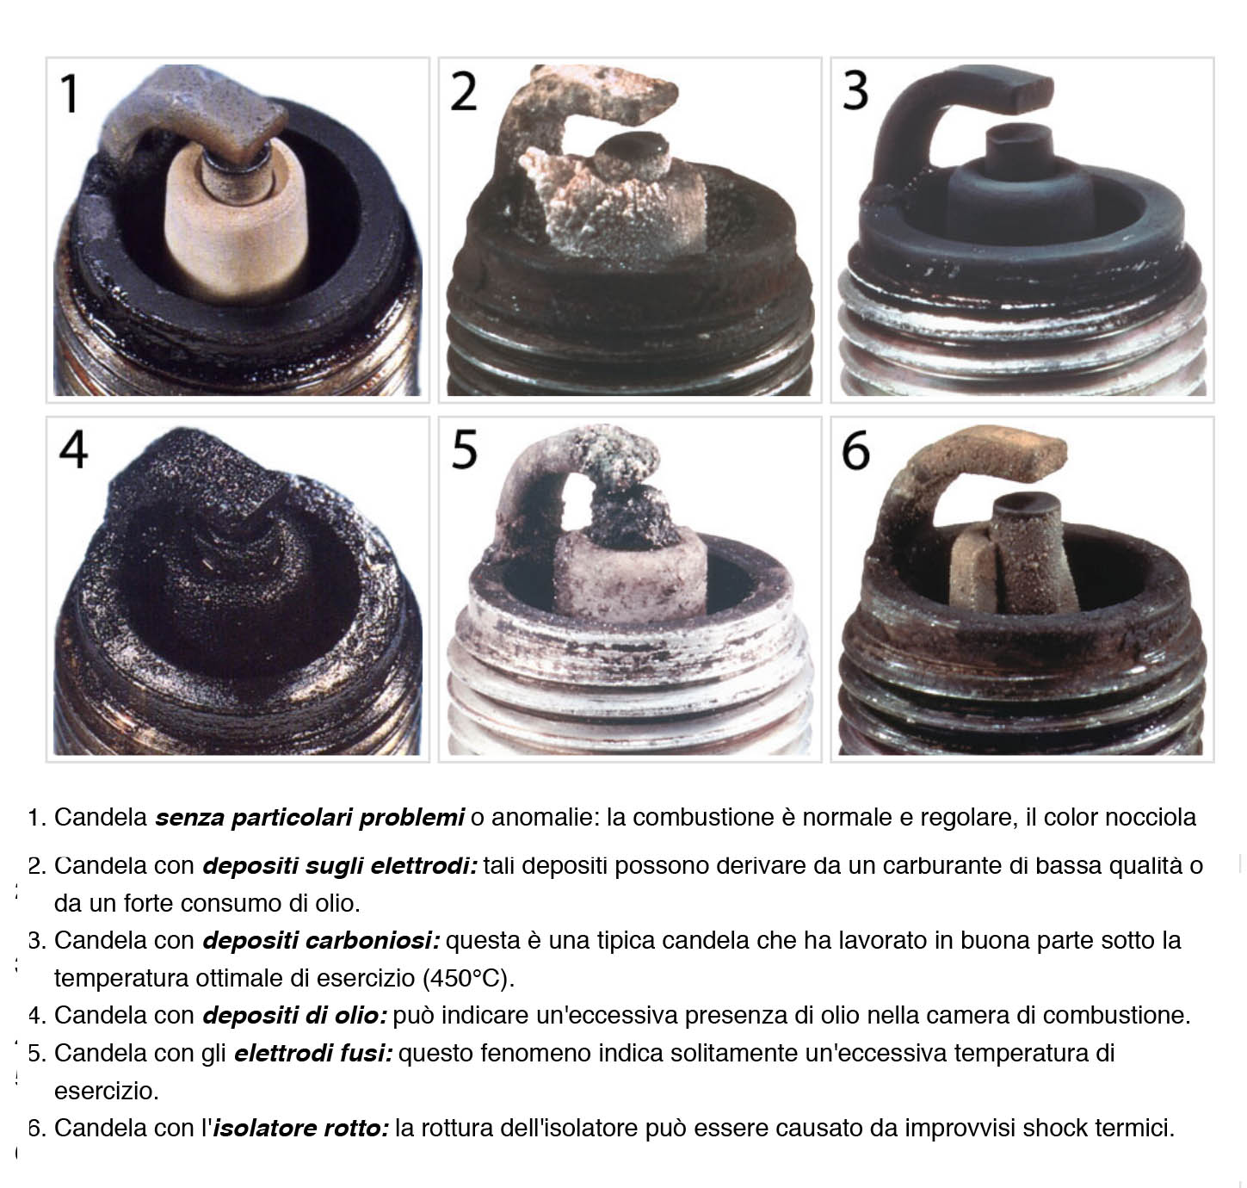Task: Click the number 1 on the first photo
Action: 71,93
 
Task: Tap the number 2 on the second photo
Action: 463,92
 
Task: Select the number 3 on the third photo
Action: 855,90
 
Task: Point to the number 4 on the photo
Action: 73,449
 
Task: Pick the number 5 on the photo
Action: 465,449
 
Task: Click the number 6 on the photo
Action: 856,449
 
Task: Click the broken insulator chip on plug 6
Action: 973,571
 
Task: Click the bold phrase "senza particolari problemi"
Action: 310,818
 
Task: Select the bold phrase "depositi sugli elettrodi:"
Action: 340,866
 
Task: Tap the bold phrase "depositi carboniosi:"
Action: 321,941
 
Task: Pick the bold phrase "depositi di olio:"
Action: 294,1016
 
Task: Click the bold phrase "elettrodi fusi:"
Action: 313,1054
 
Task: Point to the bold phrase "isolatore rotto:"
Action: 300,1129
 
